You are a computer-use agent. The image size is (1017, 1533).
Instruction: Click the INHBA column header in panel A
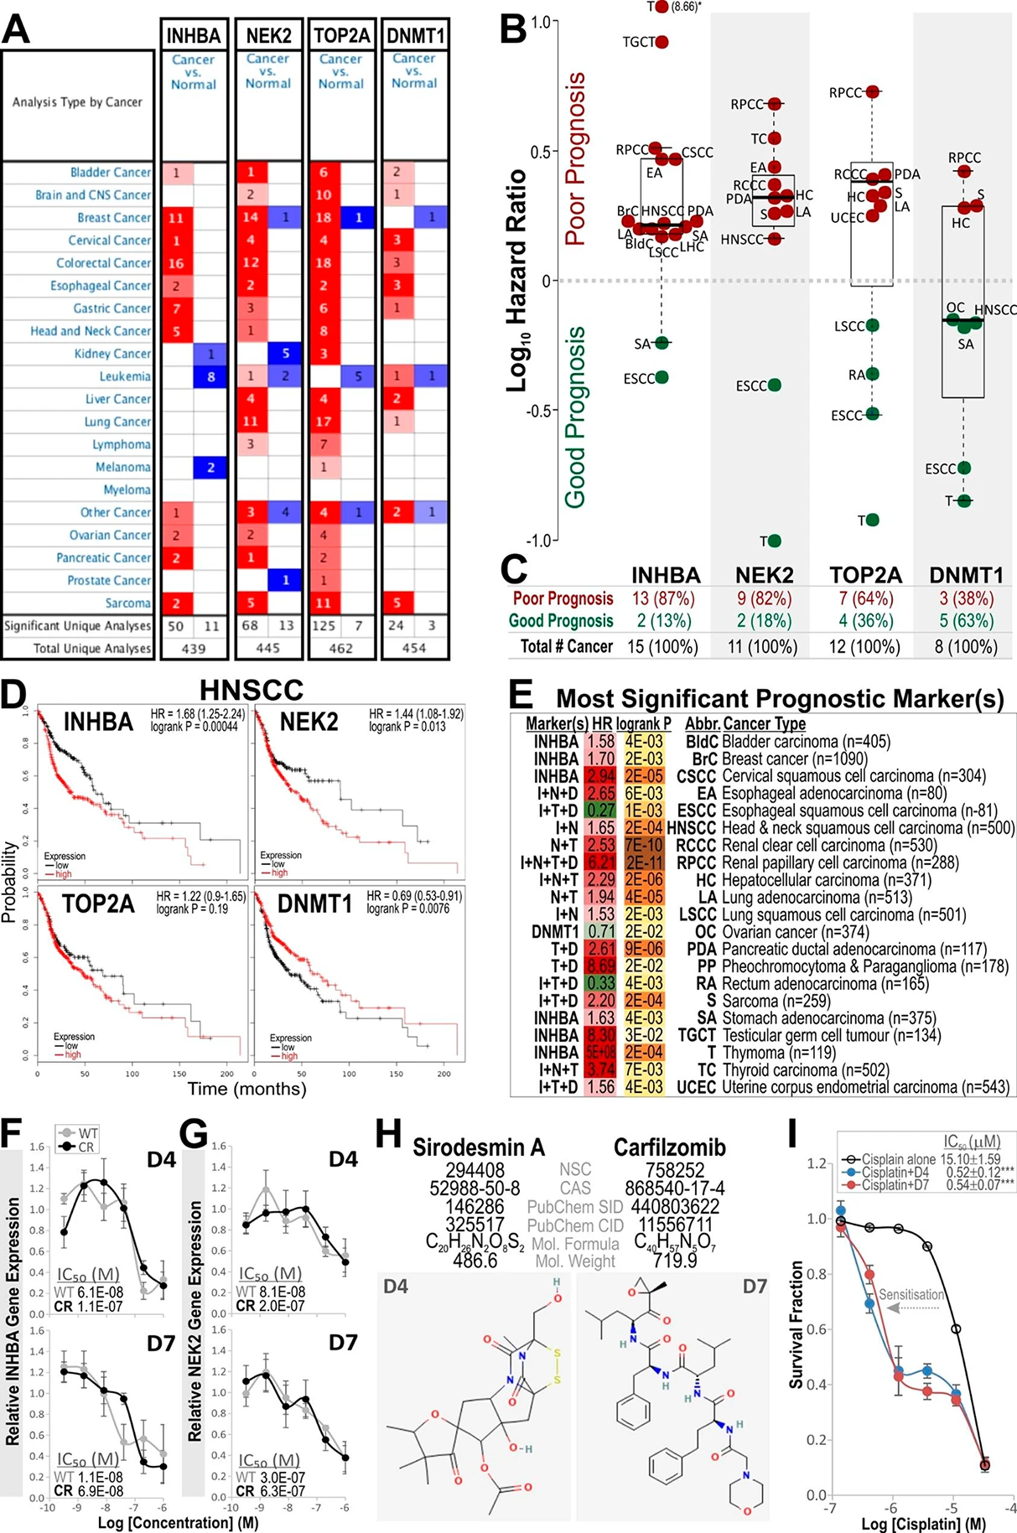pos(193,36)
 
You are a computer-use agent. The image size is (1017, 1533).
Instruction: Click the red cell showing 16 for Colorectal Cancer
pos(177,263)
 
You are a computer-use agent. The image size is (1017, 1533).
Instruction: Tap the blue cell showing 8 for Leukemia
pos(211,377)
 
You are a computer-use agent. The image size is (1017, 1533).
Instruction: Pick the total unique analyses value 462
pos(340,648)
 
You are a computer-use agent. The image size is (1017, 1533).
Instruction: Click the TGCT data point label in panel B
pos(639,42)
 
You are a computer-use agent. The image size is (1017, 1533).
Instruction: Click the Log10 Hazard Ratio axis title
pos(518,281)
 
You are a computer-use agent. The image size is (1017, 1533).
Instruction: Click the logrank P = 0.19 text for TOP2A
pos(192,909)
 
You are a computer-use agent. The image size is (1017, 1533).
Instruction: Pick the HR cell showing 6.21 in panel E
pos(600,862)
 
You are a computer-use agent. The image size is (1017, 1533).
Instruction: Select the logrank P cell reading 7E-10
pos(642,845)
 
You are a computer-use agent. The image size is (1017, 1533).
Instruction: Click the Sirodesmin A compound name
pos(478,1147)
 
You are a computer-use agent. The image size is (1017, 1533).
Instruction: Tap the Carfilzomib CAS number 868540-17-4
pos(674,1189)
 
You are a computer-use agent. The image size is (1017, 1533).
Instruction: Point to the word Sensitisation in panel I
pos(911,1295)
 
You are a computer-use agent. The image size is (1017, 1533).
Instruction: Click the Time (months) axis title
pos(246,1089)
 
